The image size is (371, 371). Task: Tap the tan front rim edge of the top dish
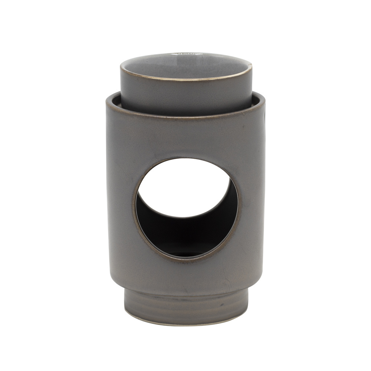pyautogui.click(x=185, y=79)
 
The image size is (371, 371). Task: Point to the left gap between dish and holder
pyautogui.click(x=116, y=99)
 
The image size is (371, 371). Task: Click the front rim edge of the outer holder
pyautogui.click(x=185, y=118)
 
